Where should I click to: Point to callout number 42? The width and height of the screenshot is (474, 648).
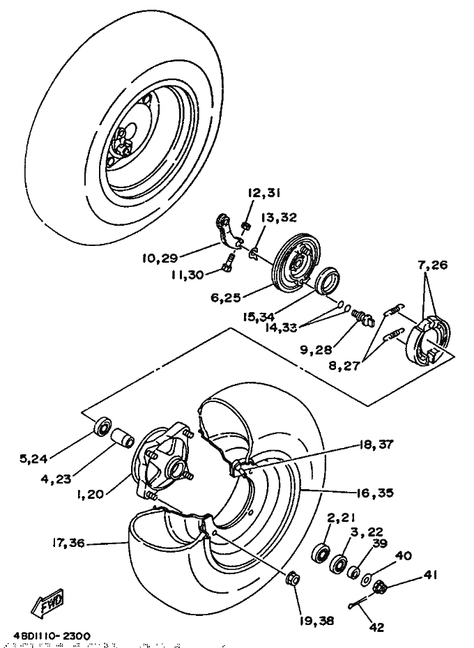coord(376,627)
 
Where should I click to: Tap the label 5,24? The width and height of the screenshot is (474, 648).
coord(34,458)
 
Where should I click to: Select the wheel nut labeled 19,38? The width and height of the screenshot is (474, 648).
coord(293,578)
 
